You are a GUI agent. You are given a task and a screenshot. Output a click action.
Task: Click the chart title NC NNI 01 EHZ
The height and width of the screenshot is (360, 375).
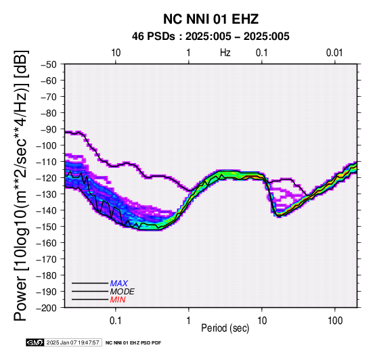[211, 19]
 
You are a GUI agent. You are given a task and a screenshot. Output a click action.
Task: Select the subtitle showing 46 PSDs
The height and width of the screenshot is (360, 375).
[211, 37]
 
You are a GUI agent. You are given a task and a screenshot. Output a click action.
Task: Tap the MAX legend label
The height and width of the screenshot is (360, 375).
[119, 284]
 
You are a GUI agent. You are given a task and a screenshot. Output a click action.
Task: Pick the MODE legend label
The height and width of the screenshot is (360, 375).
[123, 292]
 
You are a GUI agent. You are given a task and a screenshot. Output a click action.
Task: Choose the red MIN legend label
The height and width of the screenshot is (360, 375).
[118, 300]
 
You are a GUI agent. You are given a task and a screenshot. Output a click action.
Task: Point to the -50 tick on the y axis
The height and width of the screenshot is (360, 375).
[49, 64]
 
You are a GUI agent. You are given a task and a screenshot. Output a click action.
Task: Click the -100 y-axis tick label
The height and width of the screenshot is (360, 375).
[47, 145]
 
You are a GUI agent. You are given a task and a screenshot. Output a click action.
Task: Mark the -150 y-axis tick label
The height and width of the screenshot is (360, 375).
[47, 227]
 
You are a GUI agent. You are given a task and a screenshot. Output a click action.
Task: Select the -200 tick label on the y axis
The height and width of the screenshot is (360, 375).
[47, 308]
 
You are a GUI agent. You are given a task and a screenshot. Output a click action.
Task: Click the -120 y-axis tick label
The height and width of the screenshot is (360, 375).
[47, 178]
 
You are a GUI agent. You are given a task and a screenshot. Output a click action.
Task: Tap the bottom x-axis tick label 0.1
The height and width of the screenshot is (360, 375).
[116, 321]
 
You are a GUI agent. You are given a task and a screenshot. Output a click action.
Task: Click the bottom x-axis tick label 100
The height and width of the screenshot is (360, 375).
[335, 321]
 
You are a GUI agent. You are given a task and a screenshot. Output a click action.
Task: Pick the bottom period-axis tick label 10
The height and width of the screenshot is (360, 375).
[262, 321]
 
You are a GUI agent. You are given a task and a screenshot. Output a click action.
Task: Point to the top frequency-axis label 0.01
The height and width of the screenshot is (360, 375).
[334, 53]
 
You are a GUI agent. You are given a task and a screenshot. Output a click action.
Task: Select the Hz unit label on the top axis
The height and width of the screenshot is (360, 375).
[225, 53]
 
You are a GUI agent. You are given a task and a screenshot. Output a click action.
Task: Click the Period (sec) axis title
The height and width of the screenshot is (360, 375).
[225, 328]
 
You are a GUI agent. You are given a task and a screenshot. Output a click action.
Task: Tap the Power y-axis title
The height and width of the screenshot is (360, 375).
[20, 185]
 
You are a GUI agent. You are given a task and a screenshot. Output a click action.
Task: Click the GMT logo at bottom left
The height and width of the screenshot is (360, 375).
[35, 342]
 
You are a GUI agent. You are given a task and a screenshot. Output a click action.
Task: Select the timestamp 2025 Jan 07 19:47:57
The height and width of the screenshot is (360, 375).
[72, 342]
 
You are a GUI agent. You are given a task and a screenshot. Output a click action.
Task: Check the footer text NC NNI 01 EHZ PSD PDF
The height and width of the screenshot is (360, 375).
[133, 343]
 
